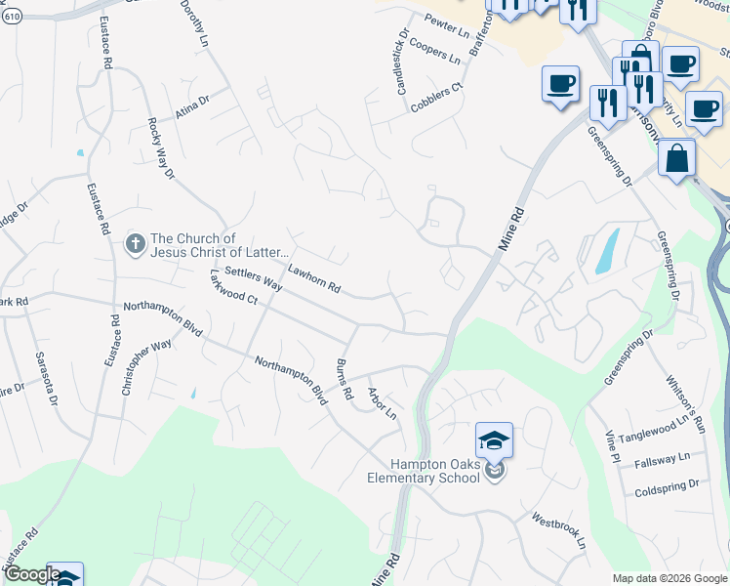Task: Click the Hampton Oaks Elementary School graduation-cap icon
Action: pyautogui.click(x=495, y=440)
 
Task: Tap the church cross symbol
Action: pyautogui.click(x=136, y=240)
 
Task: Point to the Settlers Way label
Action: pyautogui.click(x=253, y=278)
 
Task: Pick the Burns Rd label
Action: pyautogui.click(x=344, y=379)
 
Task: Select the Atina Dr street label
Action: pyautogui.click(x=192, y=105)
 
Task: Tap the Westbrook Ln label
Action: pyautogui.click(x=558, y=529)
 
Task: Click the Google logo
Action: pyautogui.click(x=31, y=574)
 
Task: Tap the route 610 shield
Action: pyautogui.click(x=12, y=20)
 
